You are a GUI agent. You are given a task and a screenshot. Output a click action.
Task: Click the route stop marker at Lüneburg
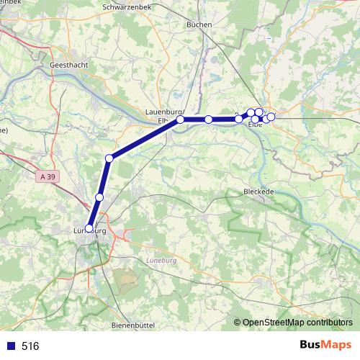tap(89, 229)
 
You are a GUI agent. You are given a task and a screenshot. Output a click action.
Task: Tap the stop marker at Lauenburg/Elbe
tap(181, 120)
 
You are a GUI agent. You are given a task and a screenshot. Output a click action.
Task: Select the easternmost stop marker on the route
tap(271, 116)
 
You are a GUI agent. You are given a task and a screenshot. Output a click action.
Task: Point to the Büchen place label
tap(199, 24)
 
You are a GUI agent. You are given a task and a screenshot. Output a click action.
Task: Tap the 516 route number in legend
tap(30, 346)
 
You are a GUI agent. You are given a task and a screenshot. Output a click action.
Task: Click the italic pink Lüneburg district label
tap(161, 261)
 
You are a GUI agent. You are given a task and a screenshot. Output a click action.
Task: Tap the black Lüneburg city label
tap(89, 232)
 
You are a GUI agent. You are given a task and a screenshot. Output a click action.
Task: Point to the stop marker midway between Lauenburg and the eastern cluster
tap(209, 120)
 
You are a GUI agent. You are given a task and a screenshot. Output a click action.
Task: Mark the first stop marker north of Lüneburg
tap(99, 197)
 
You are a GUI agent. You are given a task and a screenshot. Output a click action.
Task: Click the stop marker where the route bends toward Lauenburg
tap(109, 158)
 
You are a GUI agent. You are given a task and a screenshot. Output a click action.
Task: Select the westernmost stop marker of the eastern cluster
tap(239, 119)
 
